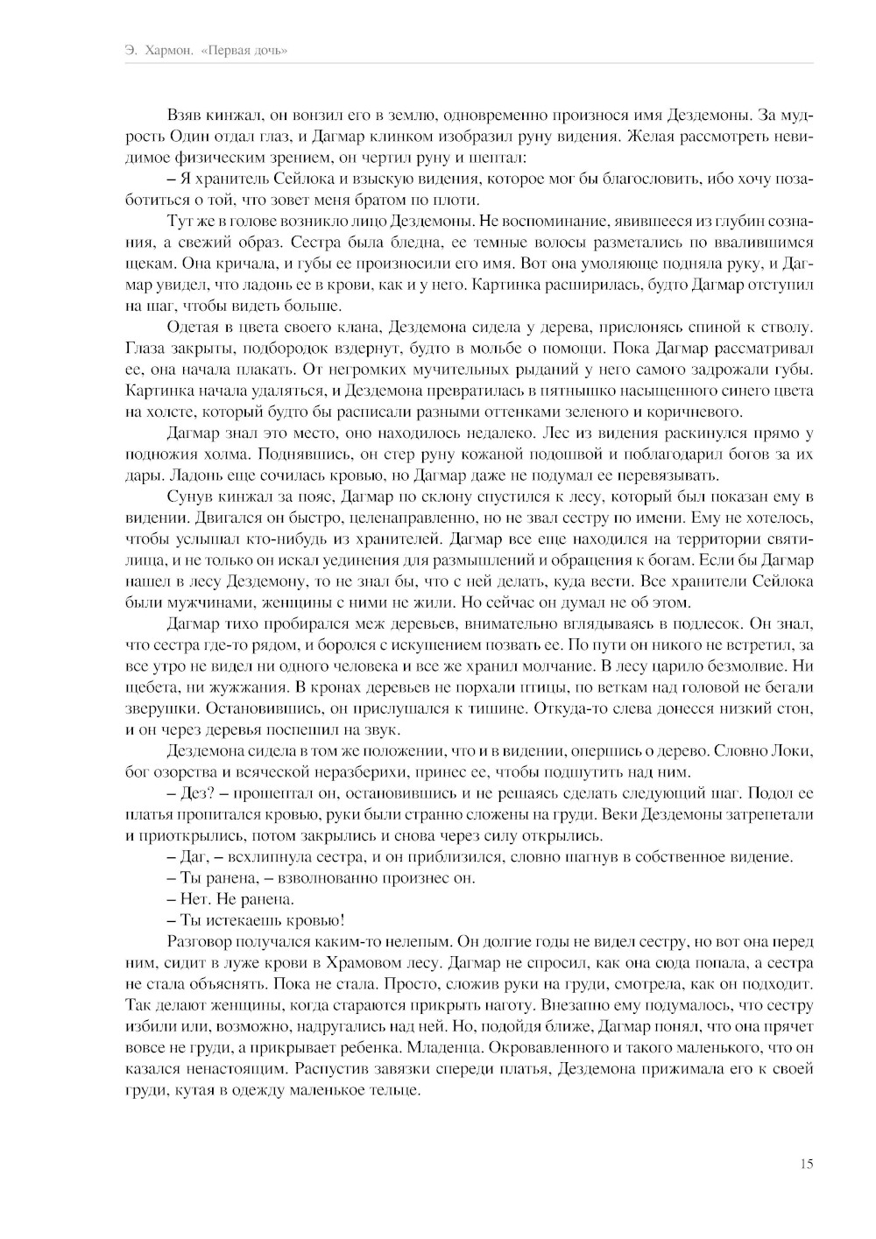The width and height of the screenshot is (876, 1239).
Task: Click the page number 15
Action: click(x=806, y=1164)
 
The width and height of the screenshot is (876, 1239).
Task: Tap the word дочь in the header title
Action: click(x=269, y=51)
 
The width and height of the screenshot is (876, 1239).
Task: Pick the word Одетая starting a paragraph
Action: click(x=187, y=327)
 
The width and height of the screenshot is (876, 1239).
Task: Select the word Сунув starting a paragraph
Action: click(x=185, y=497)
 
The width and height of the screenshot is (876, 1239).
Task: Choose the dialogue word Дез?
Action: click(x=195, y=793)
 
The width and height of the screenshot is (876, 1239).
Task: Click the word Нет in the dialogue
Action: click(x=192, y=899)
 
